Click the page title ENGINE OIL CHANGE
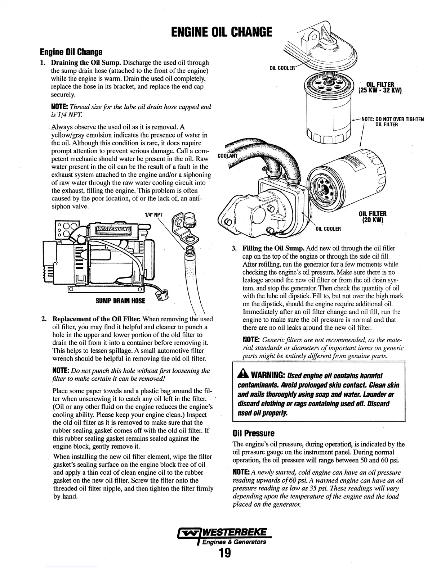click(221, 33)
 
